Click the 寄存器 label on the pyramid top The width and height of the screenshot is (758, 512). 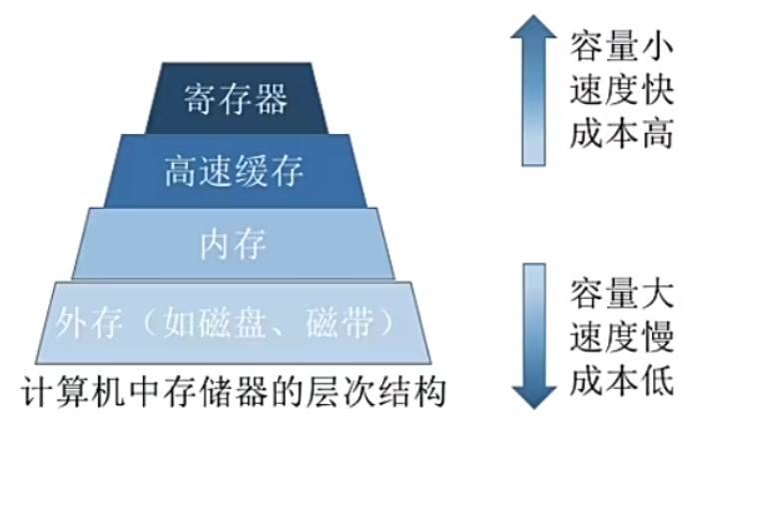[236, 98]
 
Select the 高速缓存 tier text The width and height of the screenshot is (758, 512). [234, 171]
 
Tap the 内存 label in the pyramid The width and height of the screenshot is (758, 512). [233, 244]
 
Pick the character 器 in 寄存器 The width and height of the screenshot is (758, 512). [270, 98]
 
